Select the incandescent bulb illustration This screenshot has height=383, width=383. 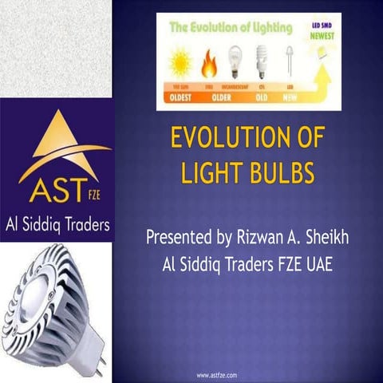235,60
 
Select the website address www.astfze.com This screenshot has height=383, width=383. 216,373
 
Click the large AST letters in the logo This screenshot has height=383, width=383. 50,191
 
